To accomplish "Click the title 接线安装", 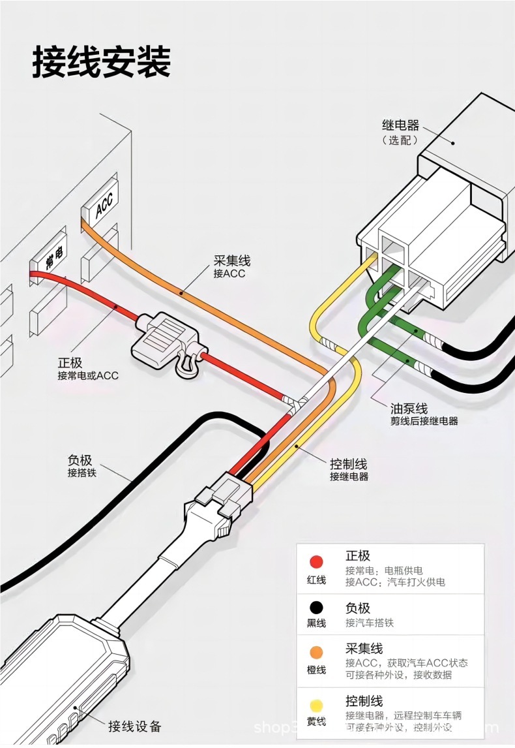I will pos(101,63).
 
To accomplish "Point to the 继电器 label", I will pos(400,125).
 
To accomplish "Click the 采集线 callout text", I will pos(231,261).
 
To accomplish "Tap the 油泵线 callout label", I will pos(409,409).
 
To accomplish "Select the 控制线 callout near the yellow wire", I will pos(348,464).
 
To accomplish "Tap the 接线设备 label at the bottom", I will pos(134,726).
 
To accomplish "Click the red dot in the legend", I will pos(317,562).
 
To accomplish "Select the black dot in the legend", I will pos(317,608).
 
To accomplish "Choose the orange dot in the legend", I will pos(317,652).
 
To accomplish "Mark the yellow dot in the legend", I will pos(317,705).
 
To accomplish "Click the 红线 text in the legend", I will pos(317,580).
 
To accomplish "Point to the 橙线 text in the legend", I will pos(317,670).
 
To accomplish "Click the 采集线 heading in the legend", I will pos(364,648).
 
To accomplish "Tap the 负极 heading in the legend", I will pos(358,608).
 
